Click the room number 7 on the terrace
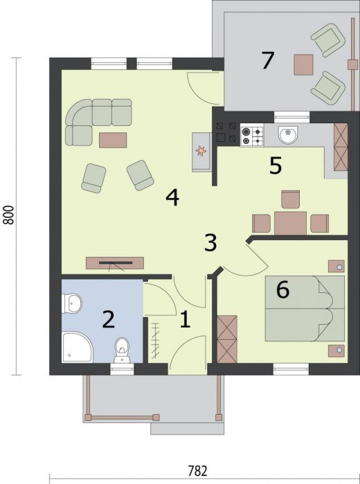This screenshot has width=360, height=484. [x=267, y=60]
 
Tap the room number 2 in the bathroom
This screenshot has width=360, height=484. [x=109, y=320]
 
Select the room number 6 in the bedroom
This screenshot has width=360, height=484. [x=283, y=290]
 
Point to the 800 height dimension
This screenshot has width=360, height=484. [x=9, y=215]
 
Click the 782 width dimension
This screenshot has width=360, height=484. [x=197, y=471]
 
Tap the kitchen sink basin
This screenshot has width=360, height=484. [x=288, y=134]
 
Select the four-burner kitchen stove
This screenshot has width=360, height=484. [x=252, y=136]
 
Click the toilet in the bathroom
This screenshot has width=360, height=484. [x=123, y=350]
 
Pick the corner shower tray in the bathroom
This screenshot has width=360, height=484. [x=77, y=348]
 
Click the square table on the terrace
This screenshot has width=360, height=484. [x=303, y=64]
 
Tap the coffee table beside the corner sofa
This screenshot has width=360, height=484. [x=113, y=140]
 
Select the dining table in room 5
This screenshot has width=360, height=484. [x=290, y=223]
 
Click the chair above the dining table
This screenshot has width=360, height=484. [x=291, y=199]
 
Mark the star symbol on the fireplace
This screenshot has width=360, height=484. [x=201, y=151]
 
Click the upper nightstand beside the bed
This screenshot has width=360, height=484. [x=336, y=266]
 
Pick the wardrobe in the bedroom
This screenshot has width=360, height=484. [x=227, y=339]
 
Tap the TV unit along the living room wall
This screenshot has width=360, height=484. [x=115, y=262]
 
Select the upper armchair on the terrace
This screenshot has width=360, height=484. [x=328, y=40]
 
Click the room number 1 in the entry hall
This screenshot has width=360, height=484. [x=185, y=319]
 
